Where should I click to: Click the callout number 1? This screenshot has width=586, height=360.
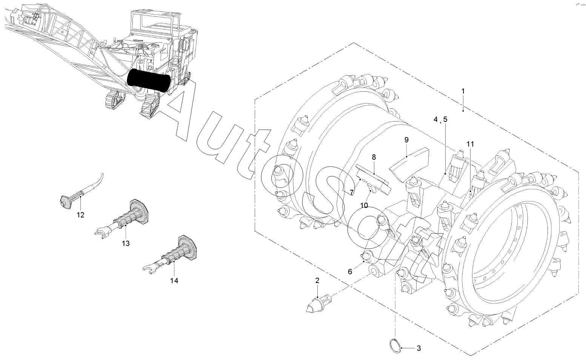(x=463, y=91)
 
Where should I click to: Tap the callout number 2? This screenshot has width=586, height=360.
(x=317, y=281)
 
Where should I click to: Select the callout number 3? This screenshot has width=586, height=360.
(x=419, y=348)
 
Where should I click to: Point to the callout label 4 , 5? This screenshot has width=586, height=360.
(x=441, y=119)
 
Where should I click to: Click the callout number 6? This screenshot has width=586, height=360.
(x=350, y=272)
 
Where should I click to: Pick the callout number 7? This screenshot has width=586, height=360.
(x=352, y=192)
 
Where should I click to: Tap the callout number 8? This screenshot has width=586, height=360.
(x=374, y=157)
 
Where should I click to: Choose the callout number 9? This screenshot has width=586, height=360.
(x=406, y=140)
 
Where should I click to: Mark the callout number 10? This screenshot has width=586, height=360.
(x=364, y=205)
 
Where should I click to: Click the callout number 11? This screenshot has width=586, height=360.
(x=470, y=144)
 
